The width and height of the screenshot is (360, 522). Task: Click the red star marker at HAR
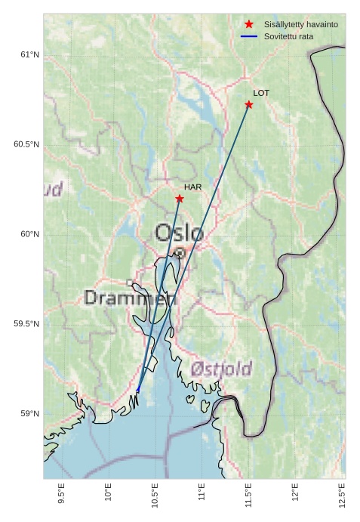click(180, 199)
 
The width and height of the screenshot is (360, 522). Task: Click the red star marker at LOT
click(249, 104)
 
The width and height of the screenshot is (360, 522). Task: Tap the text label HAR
click(192, 187)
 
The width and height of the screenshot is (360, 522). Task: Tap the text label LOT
click(261, 93)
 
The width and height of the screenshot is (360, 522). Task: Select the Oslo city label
click(180, 233)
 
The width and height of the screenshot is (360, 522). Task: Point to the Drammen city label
click(130, 298)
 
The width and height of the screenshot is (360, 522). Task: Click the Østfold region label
click(221, 369)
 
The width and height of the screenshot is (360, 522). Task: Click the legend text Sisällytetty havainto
click(300, 25)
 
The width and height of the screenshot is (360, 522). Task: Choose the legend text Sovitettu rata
click(288, 36)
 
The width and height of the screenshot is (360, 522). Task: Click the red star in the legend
click(249, 25)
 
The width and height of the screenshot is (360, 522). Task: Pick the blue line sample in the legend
click(249, 36)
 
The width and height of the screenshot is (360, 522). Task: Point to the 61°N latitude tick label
click(29, 54)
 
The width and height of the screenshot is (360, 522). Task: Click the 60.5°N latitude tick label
click(26, 144)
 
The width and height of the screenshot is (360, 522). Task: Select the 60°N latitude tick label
click(29, 234)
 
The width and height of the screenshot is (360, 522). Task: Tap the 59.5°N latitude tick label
click(26, 324)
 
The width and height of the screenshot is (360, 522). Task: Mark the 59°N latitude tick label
click(29, 413)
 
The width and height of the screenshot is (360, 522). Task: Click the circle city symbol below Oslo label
click(180, 253)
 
